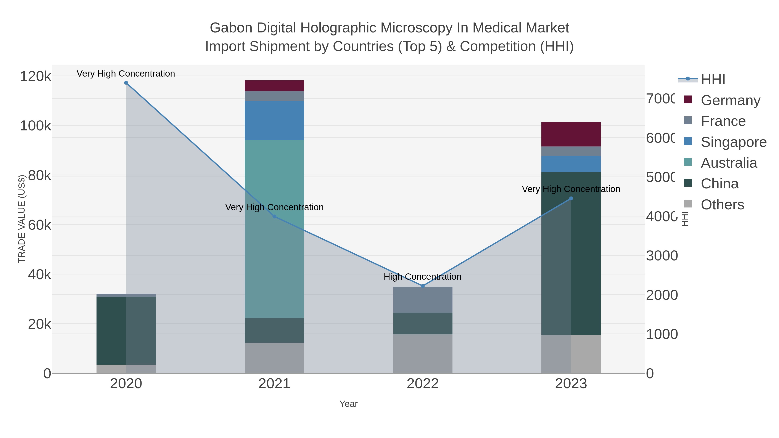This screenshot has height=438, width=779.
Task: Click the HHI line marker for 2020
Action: point(126,83)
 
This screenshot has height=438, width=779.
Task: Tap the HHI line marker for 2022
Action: point(423,286)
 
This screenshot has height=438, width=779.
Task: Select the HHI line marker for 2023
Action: point(571,199)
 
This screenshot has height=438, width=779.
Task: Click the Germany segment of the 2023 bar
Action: point(571,134)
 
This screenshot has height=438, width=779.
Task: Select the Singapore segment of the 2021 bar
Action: point(274,120)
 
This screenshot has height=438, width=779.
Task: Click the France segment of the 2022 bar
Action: point(423,300)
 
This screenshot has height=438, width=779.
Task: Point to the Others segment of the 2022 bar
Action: point(423,354)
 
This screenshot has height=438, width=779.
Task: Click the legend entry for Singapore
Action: point(733,142)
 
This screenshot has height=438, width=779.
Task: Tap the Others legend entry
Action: point(722,205)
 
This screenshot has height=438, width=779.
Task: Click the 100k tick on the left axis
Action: point(35,126)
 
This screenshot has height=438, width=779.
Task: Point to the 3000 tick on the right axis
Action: point(662,256)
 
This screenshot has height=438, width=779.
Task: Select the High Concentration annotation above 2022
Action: point(422,277)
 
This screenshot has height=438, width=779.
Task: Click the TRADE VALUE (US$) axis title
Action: point(22,219)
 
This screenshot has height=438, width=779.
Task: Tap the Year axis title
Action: point(348,404)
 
